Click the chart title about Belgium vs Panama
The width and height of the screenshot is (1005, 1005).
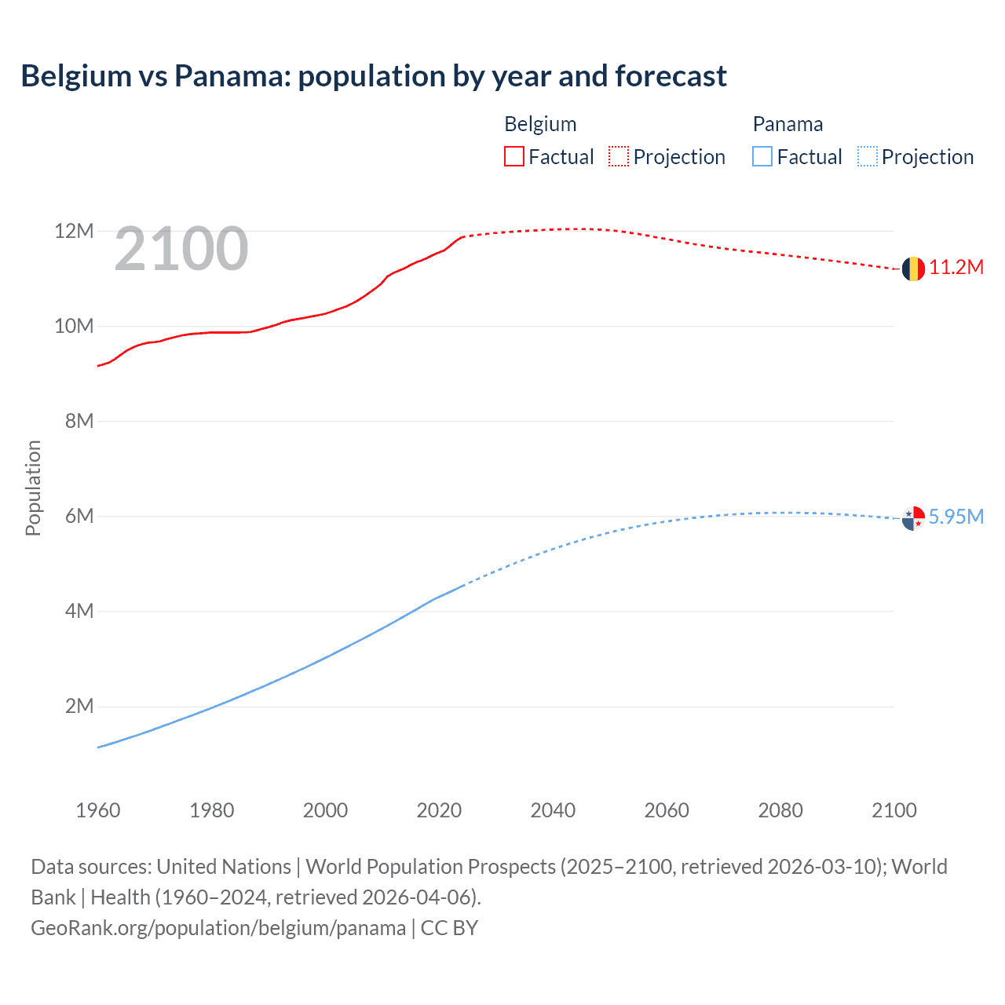click(x=374, y=76)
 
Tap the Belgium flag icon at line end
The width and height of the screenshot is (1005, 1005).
click(x=913, y=269)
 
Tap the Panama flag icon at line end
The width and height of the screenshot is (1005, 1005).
click(x=913, y=518)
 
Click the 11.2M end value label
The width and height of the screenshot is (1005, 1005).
click(x=956, y=268)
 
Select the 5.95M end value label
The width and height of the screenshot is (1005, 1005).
click(x=956, y=517)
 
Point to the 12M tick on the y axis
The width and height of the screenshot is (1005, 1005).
click(x=74, y=231)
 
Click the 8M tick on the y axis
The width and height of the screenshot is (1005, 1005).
click(x=79, y=421)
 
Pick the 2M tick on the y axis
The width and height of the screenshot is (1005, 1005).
click(x=79, y=706)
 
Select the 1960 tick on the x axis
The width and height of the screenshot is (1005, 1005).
click(x=98, y=810)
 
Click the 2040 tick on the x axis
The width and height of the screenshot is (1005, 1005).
click(x=553, y=810)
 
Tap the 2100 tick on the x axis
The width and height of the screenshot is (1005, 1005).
click(x=894, y=810)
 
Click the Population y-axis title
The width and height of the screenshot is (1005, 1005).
click(x=33, y=488)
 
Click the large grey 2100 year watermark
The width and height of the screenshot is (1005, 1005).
click(x=181, y=250)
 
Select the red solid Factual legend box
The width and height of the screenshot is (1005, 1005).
click(x=514, y=157)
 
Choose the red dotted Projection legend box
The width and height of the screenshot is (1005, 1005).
click(x=619, y=157)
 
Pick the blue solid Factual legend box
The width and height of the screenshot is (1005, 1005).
click(x=762, y=157)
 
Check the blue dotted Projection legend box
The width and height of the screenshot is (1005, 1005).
click(x=867, y=157)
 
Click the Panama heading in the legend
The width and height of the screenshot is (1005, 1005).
click(x=788, y=124)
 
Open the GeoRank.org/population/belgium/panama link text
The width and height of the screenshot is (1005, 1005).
click(x=218, y=928)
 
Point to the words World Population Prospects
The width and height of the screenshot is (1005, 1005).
click(x=430, y=867)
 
